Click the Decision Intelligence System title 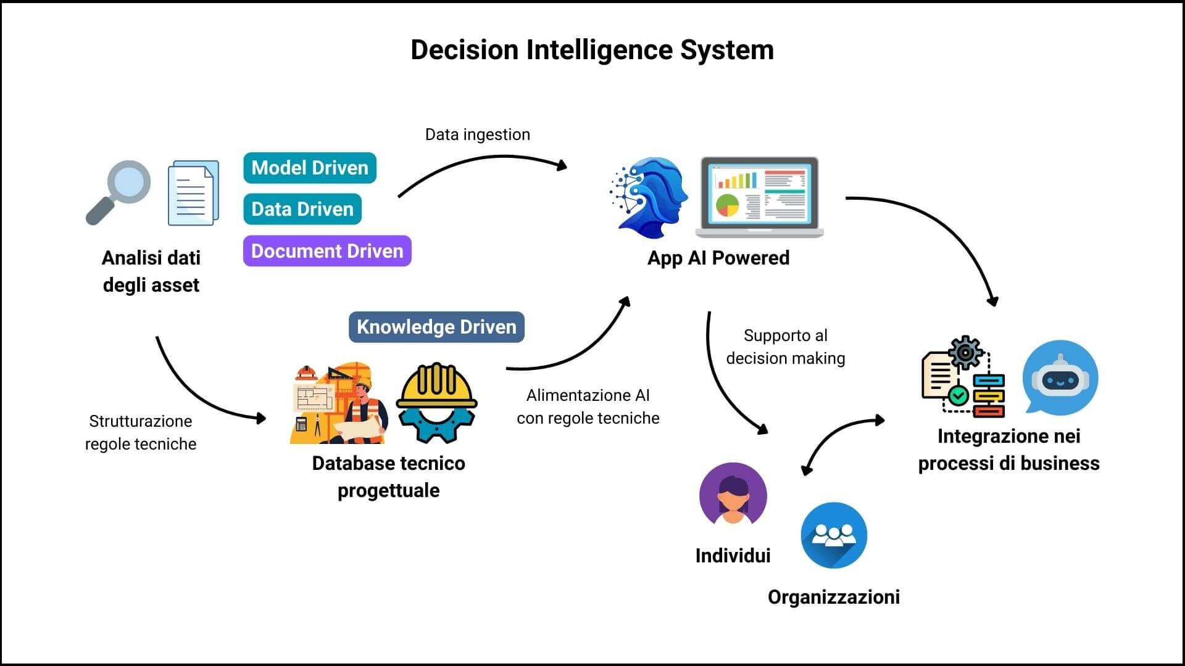point(592,50)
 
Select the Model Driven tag point(310,168)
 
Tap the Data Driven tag point(302,209)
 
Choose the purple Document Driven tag point(327,251)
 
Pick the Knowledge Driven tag point(436,327)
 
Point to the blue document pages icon point(193,192)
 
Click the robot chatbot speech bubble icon point(1060,376)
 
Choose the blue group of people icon point(834,535)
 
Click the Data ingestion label point(478,134)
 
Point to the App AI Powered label point(718,258)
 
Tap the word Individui point(733,556)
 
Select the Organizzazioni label point(834,597)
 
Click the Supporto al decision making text point(786,347)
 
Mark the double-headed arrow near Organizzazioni point(843,445)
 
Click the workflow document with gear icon point(962,377)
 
